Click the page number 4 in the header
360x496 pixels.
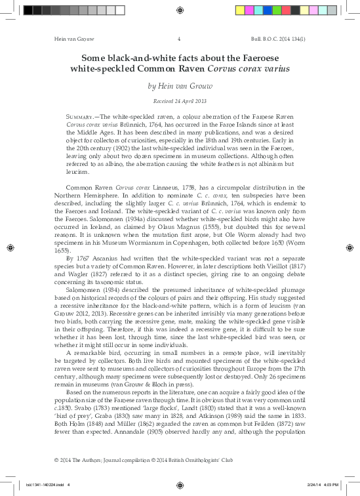(179, 39)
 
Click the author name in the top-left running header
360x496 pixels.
(60, 39)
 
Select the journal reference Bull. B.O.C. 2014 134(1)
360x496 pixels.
(294, 39)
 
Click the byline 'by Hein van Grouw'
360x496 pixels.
(179, 85)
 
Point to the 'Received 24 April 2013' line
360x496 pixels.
(179, 102)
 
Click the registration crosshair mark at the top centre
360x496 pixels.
(179, 10)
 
